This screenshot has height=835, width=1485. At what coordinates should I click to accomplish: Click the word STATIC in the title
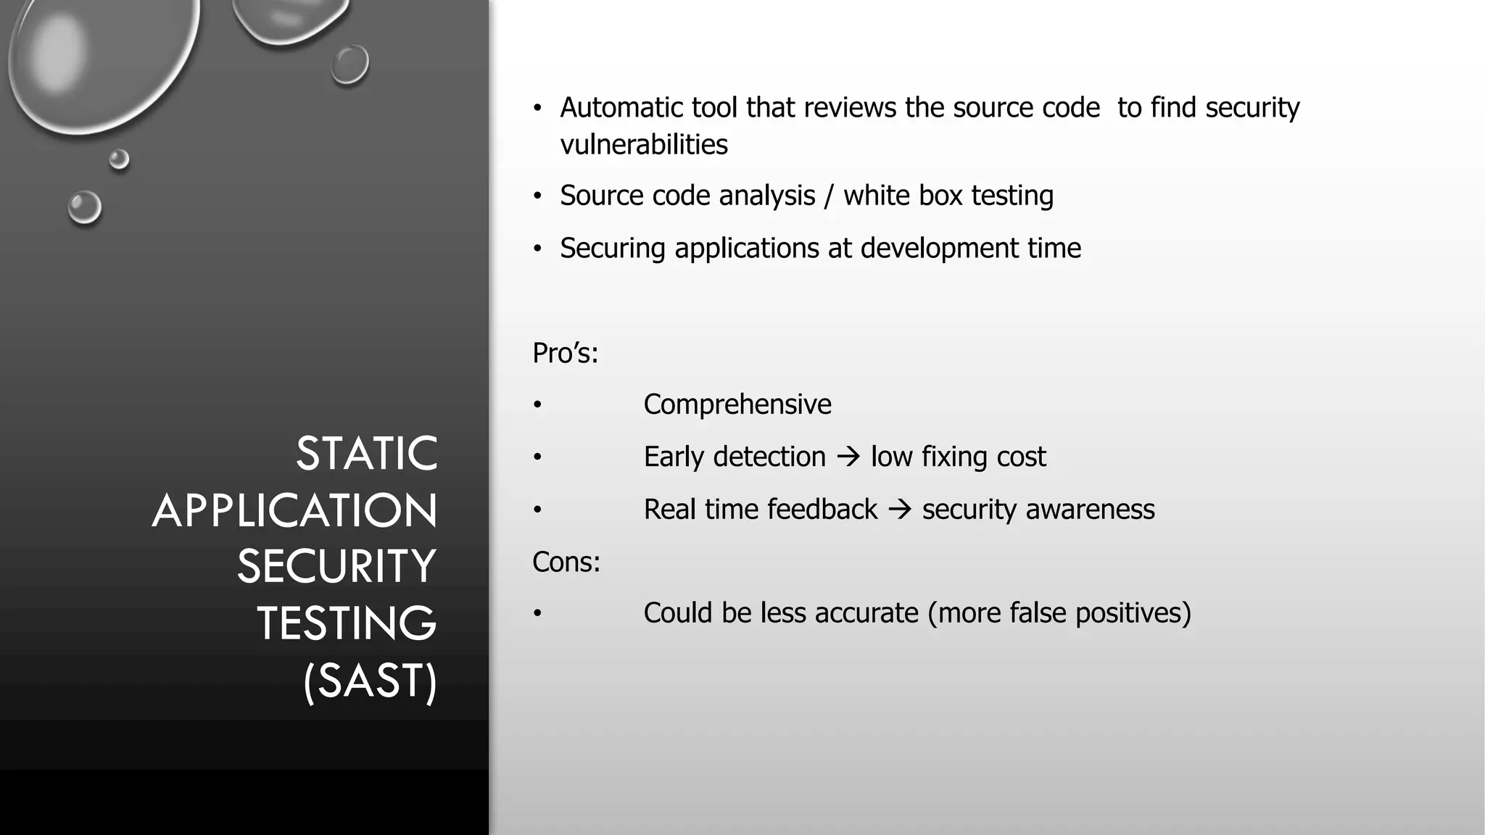(366, 454)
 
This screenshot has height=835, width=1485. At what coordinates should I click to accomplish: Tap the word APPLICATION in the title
(295, 511)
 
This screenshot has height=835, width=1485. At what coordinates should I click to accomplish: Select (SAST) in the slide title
(370, 681)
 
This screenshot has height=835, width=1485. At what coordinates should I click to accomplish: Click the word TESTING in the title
(347, 623)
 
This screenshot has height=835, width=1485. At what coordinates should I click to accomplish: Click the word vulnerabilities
(643, 145)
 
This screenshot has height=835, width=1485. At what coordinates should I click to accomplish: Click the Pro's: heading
(565, 354)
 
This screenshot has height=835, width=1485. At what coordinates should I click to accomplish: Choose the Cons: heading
(566, 562)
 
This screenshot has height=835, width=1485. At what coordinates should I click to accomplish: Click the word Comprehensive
(737, 404)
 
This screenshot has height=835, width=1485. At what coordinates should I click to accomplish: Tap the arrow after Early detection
(848, 457)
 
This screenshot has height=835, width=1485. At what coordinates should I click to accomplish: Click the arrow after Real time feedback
(899, 510)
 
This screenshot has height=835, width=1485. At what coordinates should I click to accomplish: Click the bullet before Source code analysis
(537, 196)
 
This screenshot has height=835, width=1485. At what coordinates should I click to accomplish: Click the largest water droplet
(102, 58)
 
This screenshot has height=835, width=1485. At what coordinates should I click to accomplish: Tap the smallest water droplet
(119, 159)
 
